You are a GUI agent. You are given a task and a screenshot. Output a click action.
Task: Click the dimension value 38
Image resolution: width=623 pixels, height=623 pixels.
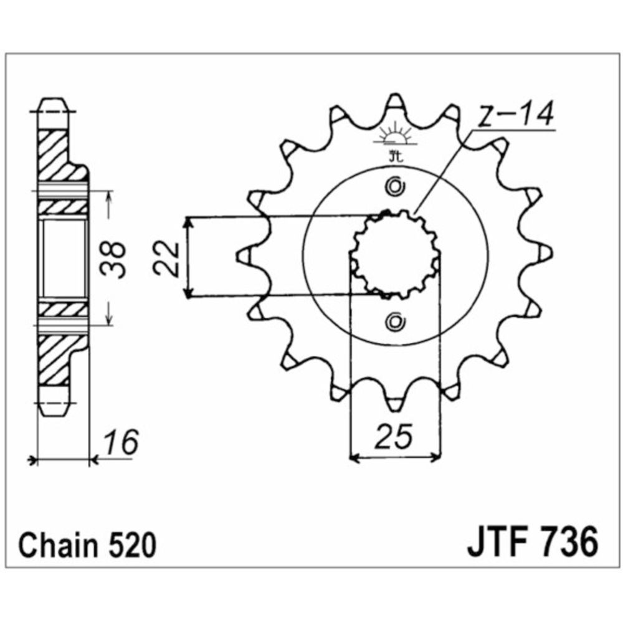pyautogui.click(x=116, y=257)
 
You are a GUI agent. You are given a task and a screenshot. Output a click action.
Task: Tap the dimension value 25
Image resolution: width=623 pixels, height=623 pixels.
pyautogui.click(x=394, y=438)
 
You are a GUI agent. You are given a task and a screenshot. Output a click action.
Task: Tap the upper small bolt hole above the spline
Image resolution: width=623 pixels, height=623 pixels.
pyautogui.click(x=394, y=186)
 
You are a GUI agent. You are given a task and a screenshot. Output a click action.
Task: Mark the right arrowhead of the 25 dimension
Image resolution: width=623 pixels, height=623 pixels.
pyautogui.click(x=435, y=459)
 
